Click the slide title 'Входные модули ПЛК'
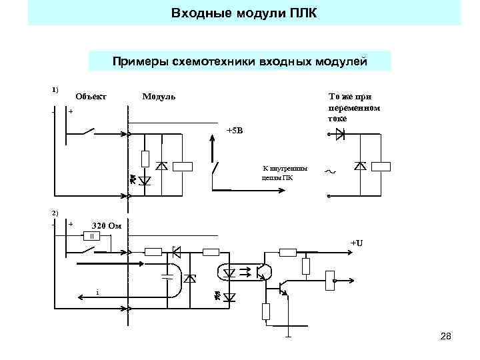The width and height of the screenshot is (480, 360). (x=244, y=13)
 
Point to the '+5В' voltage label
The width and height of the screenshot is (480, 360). (x=235, y=130)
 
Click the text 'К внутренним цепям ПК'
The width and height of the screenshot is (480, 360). (x=277, y=173)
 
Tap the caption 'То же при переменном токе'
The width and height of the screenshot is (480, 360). (x=354, y=107)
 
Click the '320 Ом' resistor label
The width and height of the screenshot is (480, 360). (x=106, y=225)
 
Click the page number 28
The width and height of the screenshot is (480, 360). (x=446, y=337)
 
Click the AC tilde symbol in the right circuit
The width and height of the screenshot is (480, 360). (x=329, y=172)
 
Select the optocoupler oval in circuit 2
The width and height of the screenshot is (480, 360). (x=229, y=272)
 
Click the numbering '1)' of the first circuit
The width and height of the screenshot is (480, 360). (x=55, y=89)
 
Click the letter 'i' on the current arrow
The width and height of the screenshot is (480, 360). (x=97, y=292)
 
